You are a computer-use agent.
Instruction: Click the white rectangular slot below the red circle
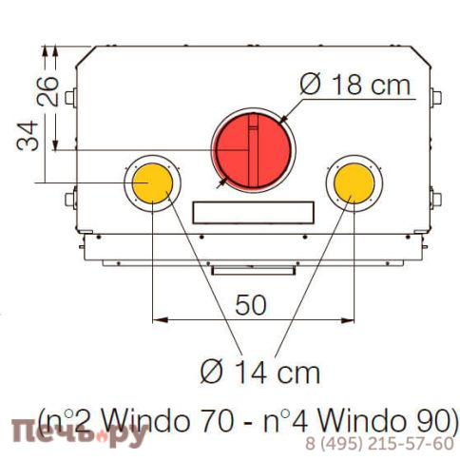252,210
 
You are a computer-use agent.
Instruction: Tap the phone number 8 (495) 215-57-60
378,444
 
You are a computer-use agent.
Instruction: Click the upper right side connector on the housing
435,98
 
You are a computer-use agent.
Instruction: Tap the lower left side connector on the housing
69,200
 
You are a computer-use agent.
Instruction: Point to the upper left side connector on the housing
69,98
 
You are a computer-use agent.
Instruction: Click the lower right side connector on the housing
435,200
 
